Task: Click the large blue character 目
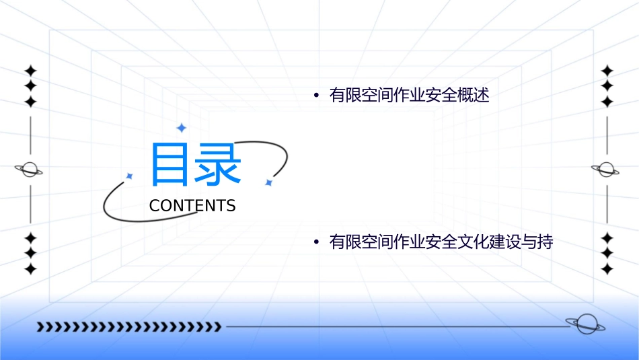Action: (x=170, y=164)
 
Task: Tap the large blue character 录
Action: (x=217, y=164)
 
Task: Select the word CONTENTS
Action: (x=192, y=206)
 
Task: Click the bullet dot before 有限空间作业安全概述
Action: (x=316, y=96)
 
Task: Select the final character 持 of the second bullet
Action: (x=545, y=242)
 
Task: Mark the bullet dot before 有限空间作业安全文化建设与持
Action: (x=316, y=242)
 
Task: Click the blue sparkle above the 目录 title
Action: (x=180, y=128)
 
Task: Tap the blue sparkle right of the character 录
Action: (x=268, y=182)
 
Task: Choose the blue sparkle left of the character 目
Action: (x=129, y=176)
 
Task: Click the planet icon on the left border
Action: (x=30, y=170)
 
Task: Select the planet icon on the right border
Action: (x=607, y=170)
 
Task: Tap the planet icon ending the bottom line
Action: (x=585, y=325)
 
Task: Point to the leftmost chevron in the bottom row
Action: (x=40, y=327)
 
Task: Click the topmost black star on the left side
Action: (x=30, y=71)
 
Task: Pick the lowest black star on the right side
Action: (x=607, y=268)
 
